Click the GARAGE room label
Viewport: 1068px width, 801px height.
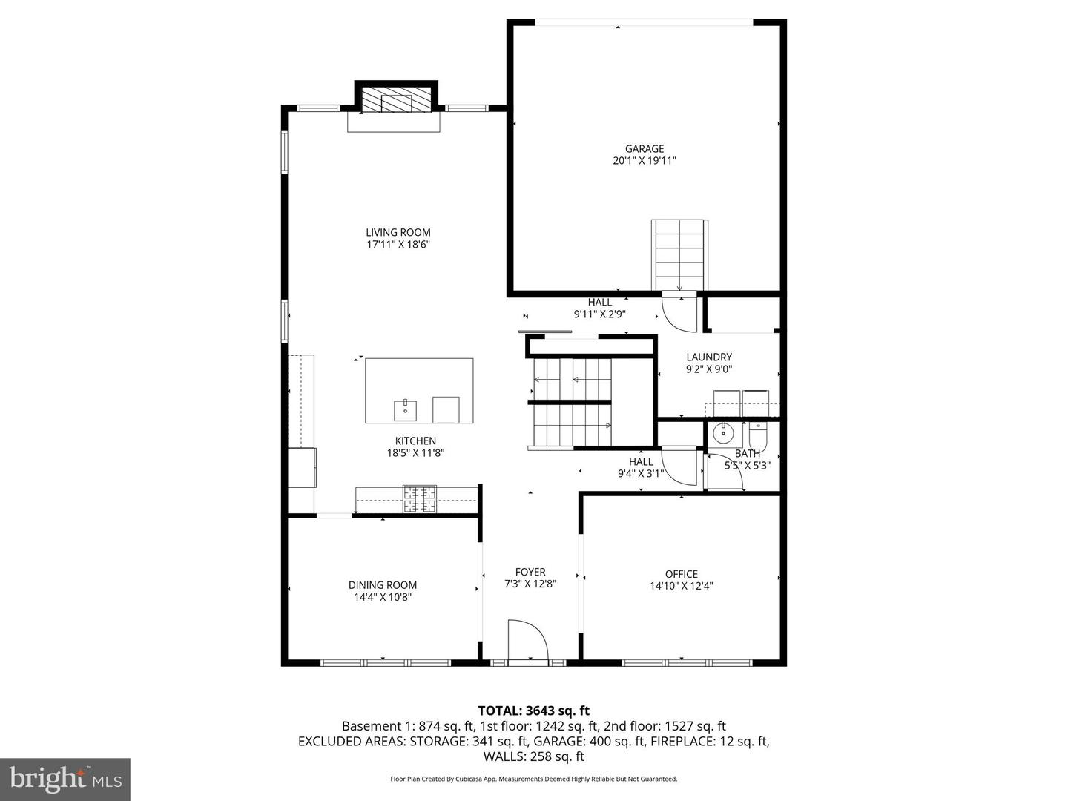tap(644, 149)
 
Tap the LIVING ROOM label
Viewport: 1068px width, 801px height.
tap(398, 232)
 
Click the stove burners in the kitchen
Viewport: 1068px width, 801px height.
tap(420, 499)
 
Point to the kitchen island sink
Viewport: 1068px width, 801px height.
tap(406, 409)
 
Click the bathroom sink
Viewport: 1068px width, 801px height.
tap(722, 432)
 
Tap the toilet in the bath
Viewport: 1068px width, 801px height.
tap(758, 432)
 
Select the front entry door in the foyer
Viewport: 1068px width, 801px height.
tap(527, 639)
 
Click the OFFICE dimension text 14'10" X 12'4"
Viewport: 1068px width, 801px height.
tap(681, 586)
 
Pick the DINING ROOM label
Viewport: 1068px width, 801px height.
tap(383, 585)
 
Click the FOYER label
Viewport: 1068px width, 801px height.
tap(530, 572)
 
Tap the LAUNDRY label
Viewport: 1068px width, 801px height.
tap(709, 357)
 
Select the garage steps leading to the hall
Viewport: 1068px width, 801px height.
tap(679, 254)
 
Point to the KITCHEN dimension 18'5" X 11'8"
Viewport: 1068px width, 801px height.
tap(415, 453)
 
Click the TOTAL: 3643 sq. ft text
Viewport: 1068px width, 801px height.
tap(534, 711)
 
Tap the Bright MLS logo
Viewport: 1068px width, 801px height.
tap(65, 779)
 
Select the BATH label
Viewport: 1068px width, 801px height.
tap(747, 454)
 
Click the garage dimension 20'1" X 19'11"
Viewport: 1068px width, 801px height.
tap(644, 161)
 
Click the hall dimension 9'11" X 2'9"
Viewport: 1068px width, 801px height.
tap(600, 314)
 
